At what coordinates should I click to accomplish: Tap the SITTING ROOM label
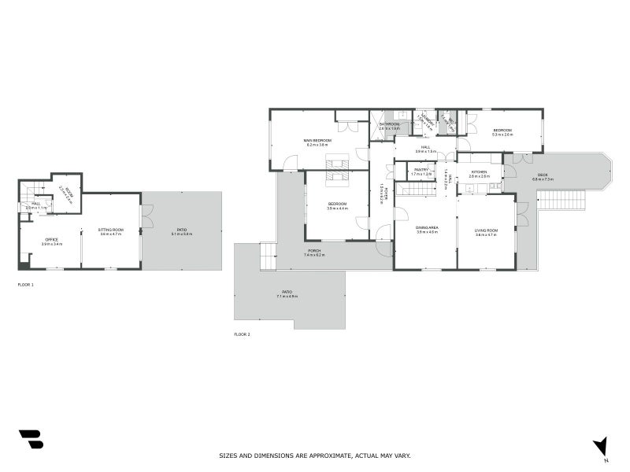111,230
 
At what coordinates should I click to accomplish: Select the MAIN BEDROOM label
318,140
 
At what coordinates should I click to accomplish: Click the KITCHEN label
479,171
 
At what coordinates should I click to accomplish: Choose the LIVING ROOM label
486,229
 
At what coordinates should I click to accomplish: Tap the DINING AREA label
427,228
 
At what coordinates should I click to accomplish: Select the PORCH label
313,251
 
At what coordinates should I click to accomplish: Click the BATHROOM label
389,124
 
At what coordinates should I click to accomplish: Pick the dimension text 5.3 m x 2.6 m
502,135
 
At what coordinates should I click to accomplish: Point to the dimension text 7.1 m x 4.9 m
287,297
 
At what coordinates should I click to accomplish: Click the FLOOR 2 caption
242,334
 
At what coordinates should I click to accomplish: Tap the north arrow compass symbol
601,447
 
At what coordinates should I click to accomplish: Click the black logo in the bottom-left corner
31,439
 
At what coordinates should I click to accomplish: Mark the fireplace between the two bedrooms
339,169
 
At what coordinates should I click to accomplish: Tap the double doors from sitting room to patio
146,216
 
